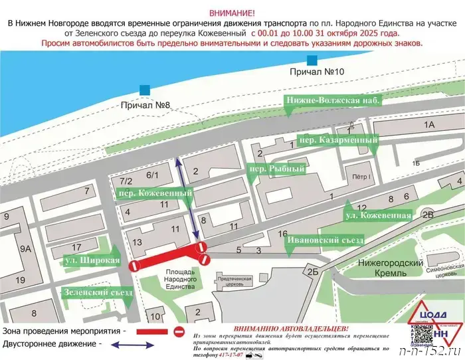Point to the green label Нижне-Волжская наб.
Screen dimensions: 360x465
(x=333, y=101)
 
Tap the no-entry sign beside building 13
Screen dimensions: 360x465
(x=134, y=266)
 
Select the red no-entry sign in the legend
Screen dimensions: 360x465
(x=178, y=331)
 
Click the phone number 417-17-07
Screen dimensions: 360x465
(x=212, y=355)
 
